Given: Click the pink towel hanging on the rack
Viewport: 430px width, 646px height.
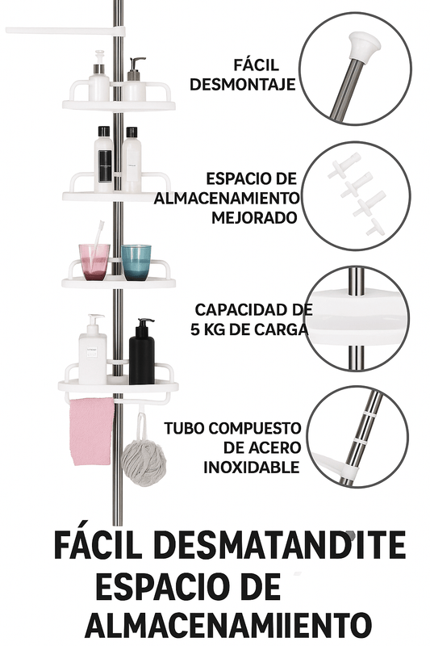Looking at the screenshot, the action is pos(91,432).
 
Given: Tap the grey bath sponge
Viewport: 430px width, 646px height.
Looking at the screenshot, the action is pos(144,462).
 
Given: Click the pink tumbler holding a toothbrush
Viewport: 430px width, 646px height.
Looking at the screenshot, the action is pos(94,262).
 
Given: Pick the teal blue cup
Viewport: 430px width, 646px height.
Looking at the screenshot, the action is pos(136,262).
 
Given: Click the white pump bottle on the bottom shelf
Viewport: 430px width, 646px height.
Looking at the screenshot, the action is pos(93,350).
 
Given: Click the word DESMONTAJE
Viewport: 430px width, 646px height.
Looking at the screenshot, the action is pos(243,85).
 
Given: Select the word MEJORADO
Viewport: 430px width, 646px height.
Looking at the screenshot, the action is pos(254,217).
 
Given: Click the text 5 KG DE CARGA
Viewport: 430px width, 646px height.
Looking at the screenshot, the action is pos(249,329).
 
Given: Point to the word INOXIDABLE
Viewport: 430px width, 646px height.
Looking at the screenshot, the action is pos(252,468).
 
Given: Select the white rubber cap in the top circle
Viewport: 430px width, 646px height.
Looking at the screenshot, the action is pos(362,47).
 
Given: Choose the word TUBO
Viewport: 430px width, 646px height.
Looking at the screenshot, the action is pos(184,428).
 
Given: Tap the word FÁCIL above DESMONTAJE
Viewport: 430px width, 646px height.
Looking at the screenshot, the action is pos(257,65).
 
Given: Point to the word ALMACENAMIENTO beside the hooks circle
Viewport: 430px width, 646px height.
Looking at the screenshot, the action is pos(227,198).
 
